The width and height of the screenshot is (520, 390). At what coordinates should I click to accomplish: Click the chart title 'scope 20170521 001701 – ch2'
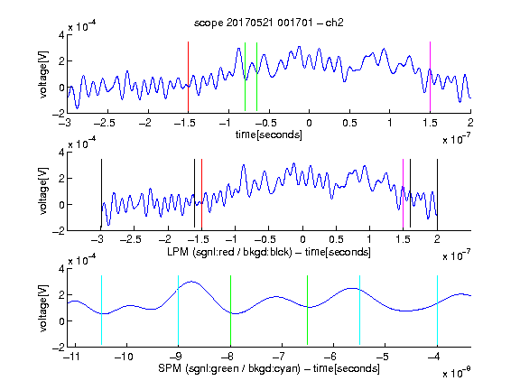269,23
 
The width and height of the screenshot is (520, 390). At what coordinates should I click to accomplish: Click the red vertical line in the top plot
188,77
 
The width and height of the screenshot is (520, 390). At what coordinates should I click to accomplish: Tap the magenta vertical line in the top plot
430,77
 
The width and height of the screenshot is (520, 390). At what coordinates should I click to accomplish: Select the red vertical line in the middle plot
201,194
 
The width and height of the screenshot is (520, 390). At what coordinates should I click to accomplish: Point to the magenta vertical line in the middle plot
403,194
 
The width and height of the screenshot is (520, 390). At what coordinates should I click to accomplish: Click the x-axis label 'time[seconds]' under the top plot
269,135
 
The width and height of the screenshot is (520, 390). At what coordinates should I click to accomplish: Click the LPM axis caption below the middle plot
269,252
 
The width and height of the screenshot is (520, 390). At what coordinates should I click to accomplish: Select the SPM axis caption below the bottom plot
269,368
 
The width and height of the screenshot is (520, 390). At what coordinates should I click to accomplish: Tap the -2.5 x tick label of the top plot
104,123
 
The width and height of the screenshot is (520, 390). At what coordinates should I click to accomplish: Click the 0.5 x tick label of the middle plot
336,239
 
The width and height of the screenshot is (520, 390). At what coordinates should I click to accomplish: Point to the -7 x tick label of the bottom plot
279,357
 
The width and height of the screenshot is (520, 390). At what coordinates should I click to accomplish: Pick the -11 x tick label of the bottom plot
73,357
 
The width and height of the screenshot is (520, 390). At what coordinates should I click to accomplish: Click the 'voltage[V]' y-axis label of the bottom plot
43,308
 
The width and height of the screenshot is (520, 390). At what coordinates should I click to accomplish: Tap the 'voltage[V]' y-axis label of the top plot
43,75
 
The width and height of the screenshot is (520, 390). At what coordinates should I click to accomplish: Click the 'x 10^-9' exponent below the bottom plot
457,372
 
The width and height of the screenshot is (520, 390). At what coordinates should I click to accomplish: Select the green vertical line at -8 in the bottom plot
230,311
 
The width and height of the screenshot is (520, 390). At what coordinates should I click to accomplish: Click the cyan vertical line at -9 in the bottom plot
178,311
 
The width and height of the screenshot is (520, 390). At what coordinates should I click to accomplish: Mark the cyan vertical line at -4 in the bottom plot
437,311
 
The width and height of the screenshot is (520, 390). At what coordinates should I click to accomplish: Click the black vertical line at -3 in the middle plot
101,194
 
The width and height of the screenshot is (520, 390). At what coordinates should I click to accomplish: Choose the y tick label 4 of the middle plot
61,153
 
